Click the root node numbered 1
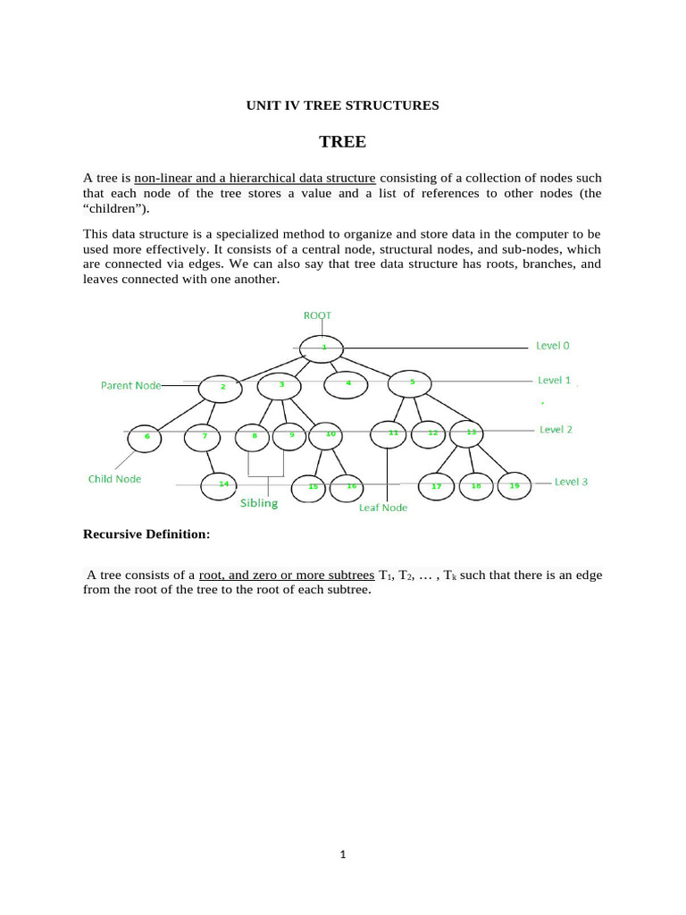(322, 348)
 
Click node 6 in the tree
(146, 438)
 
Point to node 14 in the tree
(222, 485)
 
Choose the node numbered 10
(330, 436)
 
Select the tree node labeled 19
(514, 487)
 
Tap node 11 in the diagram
(392, 435)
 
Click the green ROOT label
(319, 315)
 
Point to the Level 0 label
(552, 345)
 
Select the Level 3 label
(571, 482)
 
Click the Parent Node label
(130, 385)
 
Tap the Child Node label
(114, 479)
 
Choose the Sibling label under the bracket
(258, 503)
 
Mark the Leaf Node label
(382, 508)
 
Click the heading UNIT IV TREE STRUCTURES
(342, 105)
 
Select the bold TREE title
(343, 142)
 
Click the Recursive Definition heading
(146, 534)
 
